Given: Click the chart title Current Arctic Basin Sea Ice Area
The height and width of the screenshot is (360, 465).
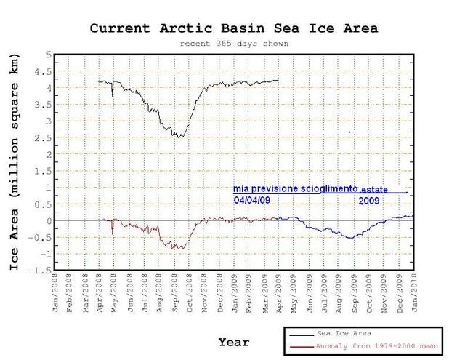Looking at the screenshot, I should pos(234,29).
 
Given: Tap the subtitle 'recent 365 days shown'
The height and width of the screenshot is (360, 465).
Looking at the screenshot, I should pos(234,44).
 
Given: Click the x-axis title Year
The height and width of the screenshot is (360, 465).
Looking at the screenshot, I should pos(234,342).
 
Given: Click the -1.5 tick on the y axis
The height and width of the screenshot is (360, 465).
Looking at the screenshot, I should pos(41,269).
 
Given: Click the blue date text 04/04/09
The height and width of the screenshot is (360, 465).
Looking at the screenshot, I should pos(250,200).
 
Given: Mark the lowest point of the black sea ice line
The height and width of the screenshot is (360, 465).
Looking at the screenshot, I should pos(179,137).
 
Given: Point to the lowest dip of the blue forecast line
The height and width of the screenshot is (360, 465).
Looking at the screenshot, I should pos(350,238).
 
